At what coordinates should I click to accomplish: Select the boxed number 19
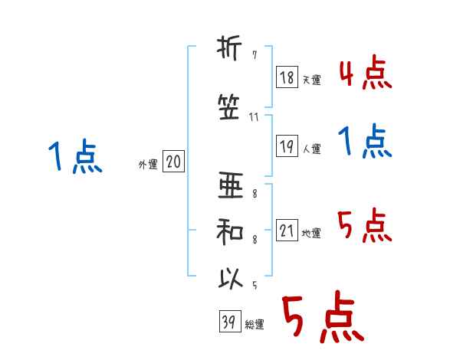pos(287,146)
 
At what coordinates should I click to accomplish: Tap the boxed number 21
pos(287,231)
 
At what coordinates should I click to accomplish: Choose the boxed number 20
pos(173,162)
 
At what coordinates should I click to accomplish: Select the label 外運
pos(147,165)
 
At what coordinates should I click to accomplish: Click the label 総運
pos(255,325)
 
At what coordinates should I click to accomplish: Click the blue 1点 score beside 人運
pos(366,142)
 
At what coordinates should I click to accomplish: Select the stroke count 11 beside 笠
pos(255,118)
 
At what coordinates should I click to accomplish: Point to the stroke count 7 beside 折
pos(255,57)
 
